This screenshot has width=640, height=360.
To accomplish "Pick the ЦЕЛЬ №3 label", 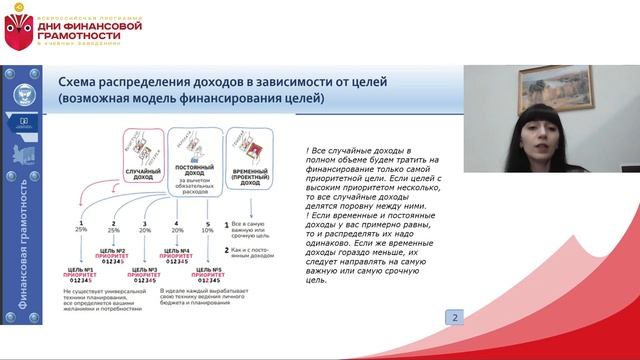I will click(146, 269).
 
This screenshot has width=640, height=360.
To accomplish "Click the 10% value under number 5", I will click(207, 229).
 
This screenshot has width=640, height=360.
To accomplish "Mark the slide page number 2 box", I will click(455, 318).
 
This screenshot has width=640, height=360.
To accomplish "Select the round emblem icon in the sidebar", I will click(21, 96).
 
